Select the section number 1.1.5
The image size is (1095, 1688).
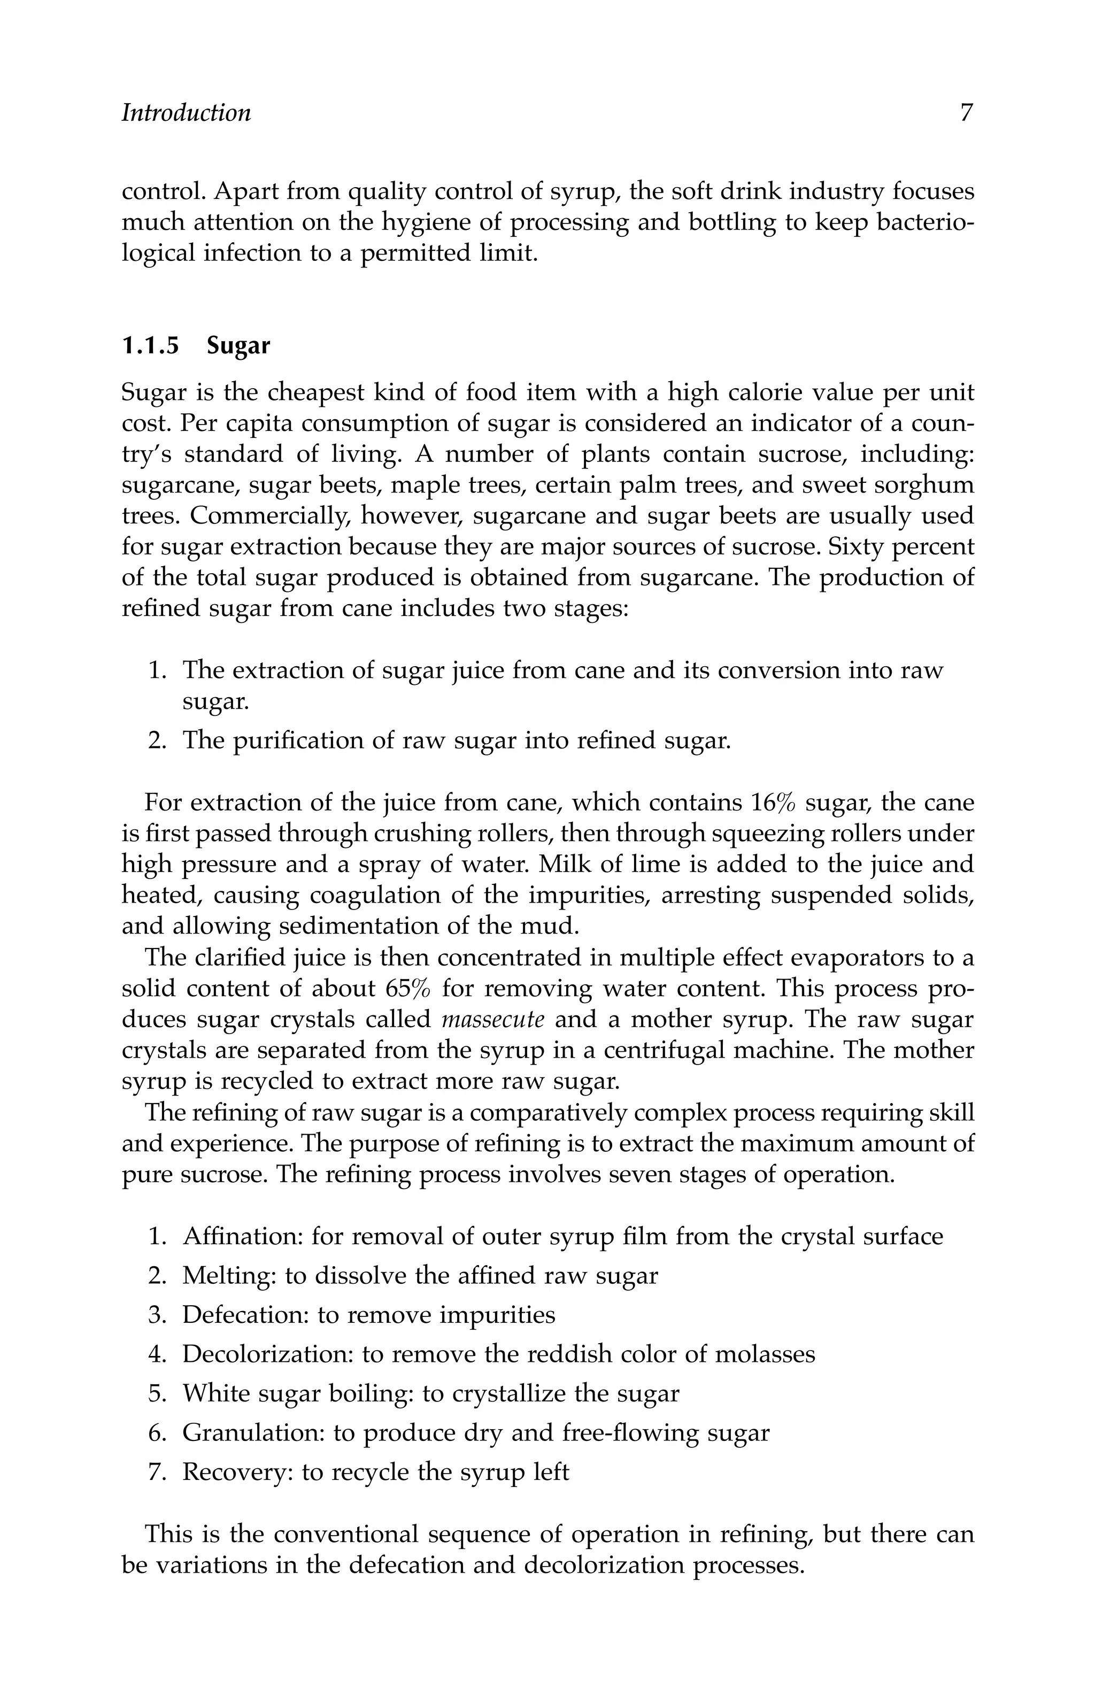pos(150,346)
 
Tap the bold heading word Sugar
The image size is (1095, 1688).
pos(238,346)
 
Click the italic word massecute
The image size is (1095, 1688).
pos(493,1019)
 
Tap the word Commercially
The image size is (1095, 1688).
pos(269,517)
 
